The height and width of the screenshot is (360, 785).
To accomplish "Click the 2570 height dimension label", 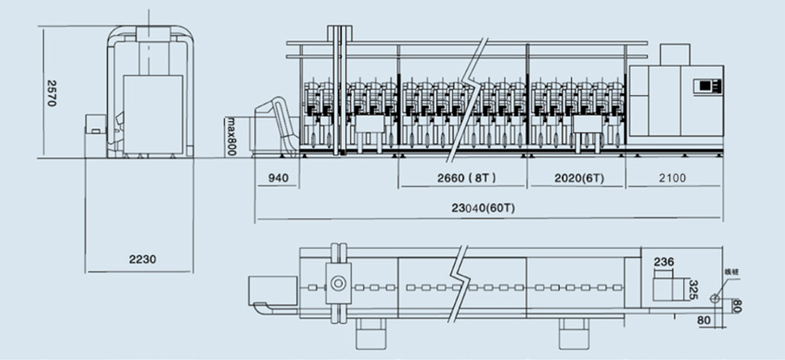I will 51,93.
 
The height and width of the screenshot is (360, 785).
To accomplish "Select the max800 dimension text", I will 232,137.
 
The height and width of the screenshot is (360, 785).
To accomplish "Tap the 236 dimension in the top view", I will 665,262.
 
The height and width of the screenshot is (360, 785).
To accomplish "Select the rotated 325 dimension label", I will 694,290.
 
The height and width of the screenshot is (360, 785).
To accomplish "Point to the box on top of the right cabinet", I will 676,56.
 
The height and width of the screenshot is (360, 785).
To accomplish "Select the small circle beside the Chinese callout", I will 713,299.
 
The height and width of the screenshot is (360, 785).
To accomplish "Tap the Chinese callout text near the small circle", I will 732,272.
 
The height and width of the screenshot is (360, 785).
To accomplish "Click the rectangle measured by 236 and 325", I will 667,287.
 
